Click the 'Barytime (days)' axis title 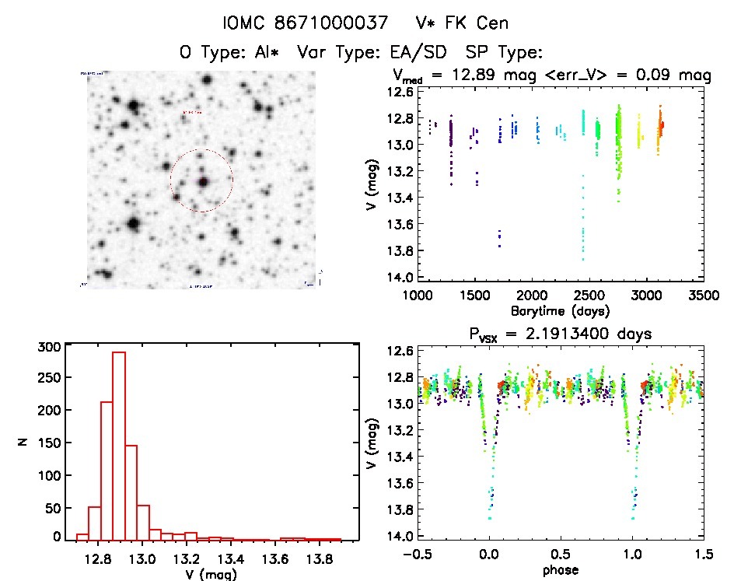point(560,311)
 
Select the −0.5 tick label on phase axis point(414,555)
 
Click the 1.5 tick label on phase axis point(703,555)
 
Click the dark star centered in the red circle point(204,182)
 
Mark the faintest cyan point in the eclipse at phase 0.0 point(490,517)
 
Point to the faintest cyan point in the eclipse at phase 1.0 point(634,517)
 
